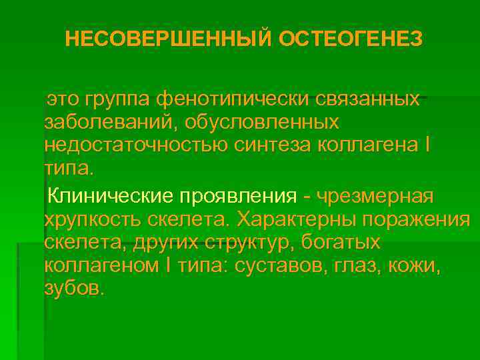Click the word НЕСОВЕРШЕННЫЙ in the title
coord(169,39)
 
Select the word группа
coord(119,99)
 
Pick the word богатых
coord(347,243)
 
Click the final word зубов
coord(74,289)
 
